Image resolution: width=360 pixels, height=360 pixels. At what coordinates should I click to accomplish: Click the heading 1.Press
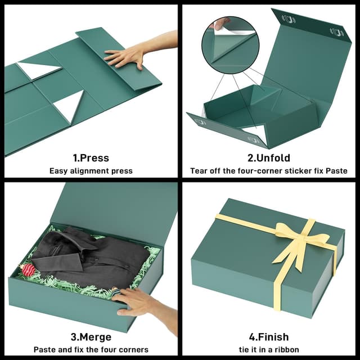(x=91, y=158)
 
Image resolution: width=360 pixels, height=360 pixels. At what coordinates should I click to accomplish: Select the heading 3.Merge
(x=91, y=337)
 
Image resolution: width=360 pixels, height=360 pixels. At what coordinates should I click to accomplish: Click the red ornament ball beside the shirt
(x=28, y=270)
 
